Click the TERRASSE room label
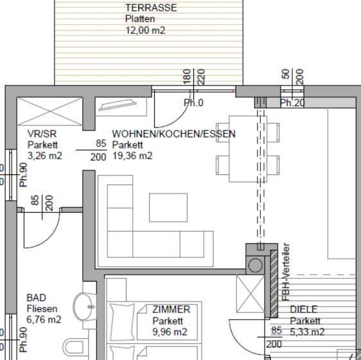coord(151,8)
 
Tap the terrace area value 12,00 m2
coord(145,30)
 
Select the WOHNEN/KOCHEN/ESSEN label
coord(173,134)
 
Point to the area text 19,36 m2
coord(132,156)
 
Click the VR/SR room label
coord(39,134)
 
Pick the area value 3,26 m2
coord(44,156)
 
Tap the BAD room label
coord(37,298)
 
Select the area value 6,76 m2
coord(44,319)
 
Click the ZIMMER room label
coord(171,309)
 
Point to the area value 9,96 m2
coord(170,332)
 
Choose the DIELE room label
coord(304,309)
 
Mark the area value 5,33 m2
coord(307,332)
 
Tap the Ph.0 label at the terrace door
coord(193,103)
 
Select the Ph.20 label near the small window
coord(292,103)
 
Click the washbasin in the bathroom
coord(84,307)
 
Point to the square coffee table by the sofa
coord(168,206)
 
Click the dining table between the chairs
coord(247,148)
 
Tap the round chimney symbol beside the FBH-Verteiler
coord(256,265)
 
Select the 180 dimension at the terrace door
coord(188,76)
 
